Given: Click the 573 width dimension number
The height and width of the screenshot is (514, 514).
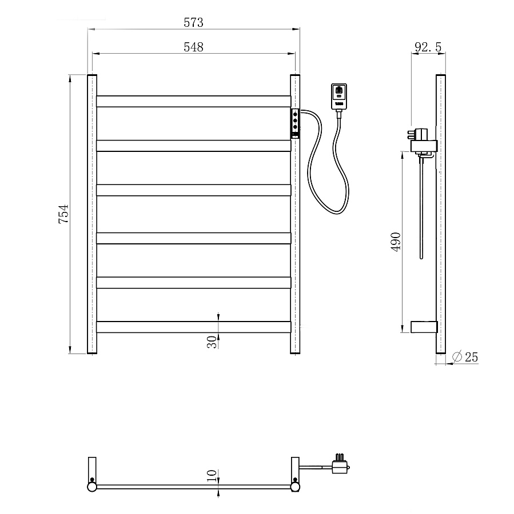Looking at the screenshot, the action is coord(193,22).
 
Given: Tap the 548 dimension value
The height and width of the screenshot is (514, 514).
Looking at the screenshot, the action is coord(193,47).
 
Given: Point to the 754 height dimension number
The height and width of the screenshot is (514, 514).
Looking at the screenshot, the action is coord(63,214).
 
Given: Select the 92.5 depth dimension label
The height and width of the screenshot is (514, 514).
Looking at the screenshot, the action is coord(428,47).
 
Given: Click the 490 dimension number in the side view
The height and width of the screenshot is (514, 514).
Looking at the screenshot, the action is coord(396,242).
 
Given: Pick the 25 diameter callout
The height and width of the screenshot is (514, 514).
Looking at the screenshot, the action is coord(471,357).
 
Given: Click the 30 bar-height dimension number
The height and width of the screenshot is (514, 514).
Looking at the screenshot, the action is coord(212,342).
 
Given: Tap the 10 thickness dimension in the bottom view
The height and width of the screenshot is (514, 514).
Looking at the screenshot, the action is coord(212,475).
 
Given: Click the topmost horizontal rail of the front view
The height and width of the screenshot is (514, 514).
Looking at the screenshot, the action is coord(194,101).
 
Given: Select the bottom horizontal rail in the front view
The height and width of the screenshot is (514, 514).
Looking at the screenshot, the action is coord(194,327).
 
